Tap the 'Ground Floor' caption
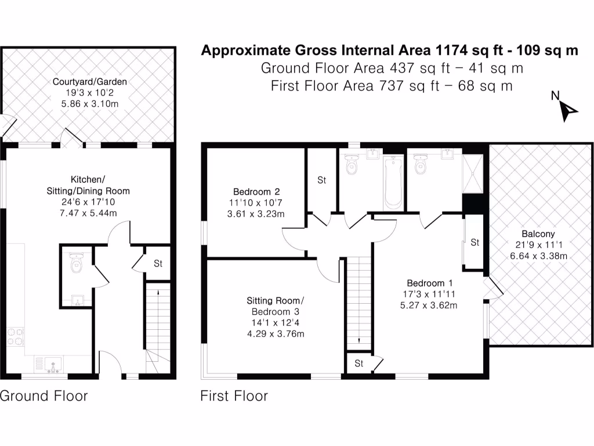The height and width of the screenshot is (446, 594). (44, 396)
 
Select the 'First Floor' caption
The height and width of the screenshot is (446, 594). (234, 396)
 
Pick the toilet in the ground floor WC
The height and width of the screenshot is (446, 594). (76, 264)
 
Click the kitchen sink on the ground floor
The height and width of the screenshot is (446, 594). (53, 365)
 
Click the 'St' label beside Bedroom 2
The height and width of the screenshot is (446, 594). (321, 181)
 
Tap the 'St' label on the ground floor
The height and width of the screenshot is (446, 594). (158, 264)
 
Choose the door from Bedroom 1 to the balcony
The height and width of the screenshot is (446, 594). (492, 289)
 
